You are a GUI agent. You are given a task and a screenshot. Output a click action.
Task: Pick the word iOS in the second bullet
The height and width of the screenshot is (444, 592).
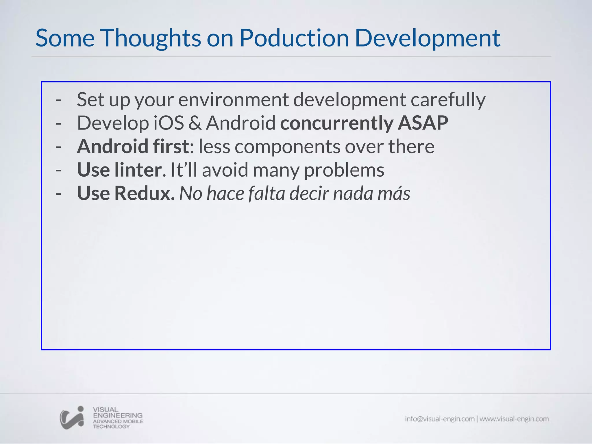[x=168, y=123]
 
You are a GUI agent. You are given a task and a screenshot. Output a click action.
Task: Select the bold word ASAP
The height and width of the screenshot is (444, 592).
[x=423, y=123]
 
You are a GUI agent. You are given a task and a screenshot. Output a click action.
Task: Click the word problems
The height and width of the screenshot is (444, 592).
[x=344, y=171]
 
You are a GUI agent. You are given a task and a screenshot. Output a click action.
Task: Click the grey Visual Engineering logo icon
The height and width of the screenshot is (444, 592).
[x=72, y=417]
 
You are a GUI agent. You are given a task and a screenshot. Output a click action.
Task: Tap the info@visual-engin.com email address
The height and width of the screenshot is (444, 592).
[x=440, y=419]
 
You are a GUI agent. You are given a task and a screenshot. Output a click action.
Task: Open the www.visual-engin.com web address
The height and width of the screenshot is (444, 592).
[x=514, y=419]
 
